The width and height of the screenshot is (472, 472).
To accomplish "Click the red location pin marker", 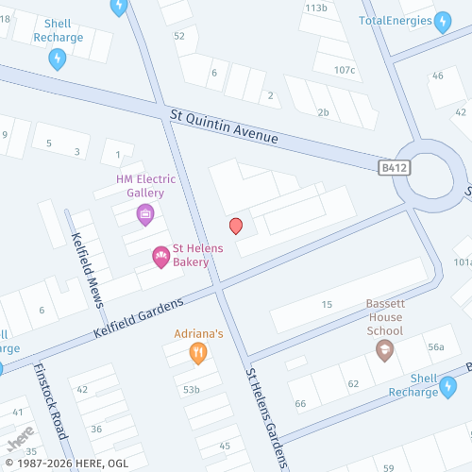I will pyautogui.click(x=236, y=226).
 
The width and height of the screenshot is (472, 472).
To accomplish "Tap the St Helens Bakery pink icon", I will pyautogui.click(x=160, y=256).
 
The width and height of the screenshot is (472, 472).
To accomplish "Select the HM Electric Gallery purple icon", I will pyautogui.click(x=145, y=213).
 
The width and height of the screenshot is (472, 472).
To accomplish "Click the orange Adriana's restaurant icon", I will pyautogui.click(x=198, y=354).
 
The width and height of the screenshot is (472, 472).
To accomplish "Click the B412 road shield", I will pyautogui.click(x=394, y=167).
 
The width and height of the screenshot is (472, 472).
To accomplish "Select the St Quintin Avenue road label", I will pyautogui.click(x=225, y=126).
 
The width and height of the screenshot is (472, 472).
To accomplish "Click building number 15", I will pyautogui.click(x=328, y=304).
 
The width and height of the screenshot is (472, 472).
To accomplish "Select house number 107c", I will pyautogui.click(x=345, y=70).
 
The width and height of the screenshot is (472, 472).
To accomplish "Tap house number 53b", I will pyautogui.click(x=192, y=389).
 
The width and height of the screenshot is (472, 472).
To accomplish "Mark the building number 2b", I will pyautogui.click(x=323, y=113).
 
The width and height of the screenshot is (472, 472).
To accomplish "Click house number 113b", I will pyautogui.click(x=316, y=8).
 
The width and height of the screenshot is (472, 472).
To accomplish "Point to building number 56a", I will pyautogui.click(x=435, y=347).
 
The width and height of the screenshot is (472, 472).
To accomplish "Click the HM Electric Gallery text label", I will pyautogui.click(x=140, y=185).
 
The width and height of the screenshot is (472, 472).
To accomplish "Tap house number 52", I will pyautogui.click(x=179, y=36).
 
